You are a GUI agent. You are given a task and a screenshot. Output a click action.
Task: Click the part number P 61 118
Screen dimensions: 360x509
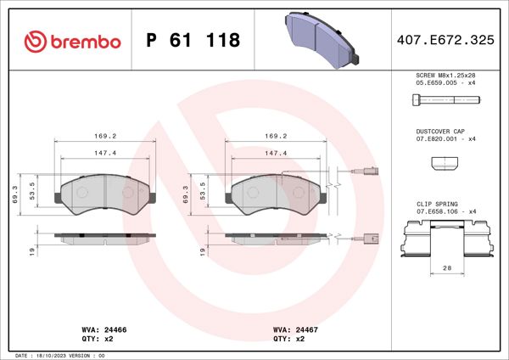point(193,40)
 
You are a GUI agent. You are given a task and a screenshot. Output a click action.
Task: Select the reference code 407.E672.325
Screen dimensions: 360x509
point(445,40)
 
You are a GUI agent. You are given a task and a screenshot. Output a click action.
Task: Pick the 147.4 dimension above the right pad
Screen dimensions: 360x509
point(275,154)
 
